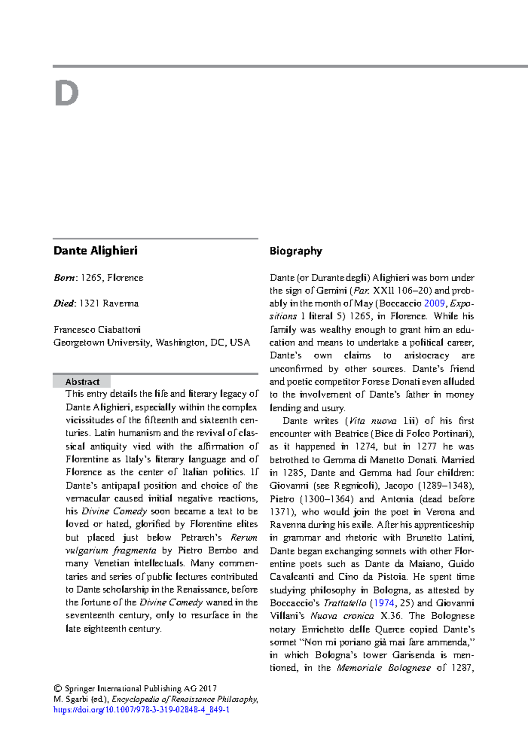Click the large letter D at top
click(66, 94)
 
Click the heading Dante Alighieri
click(95, 251)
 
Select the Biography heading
click(296, 251)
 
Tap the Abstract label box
click(82, 381)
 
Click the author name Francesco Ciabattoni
click(97, 329)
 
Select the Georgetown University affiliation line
click(151, 343)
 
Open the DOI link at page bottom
click(141, 710)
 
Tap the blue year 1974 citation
click(384, 603)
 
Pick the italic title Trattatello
click(345, 603)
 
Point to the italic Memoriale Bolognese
click(384, 668)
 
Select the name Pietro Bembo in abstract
click(208, 551)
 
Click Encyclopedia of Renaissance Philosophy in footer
click(184, 699)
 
